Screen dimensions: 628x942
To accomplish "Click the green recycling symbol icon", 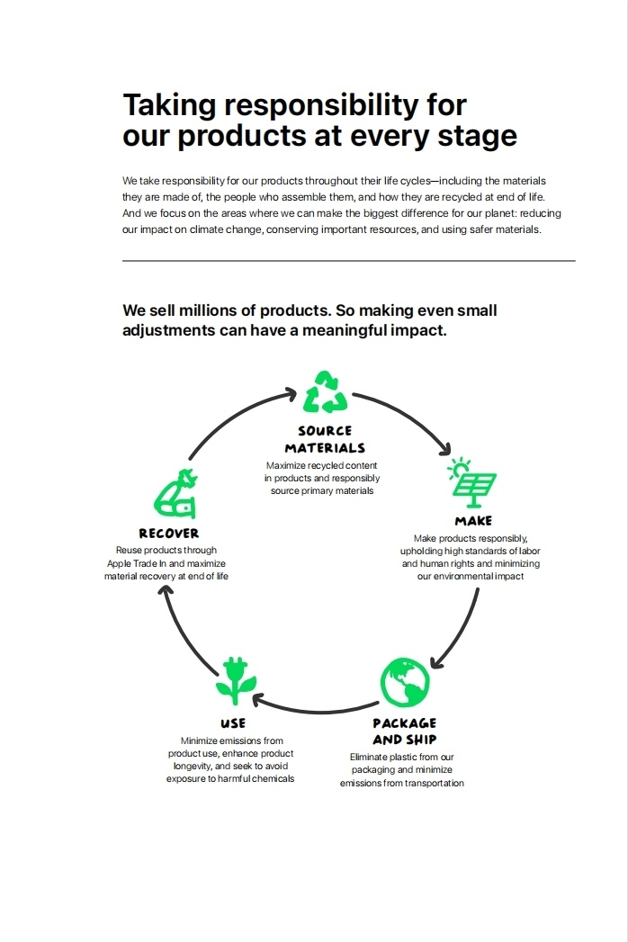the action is (x=325, y=392).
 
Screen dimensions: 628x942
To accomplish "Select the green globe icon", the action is (x=405, y=682).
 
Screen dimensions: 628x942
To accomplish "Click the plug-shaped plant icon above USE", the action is (x=237, y=681).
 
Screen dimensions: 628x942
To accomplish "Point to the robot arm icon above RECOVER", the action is (x=175, y=493).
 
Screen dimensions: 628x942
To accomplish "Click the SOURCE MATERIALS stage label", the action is (x=325, y=439).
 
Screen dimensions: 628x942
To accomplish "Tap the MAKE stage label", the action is (x=473, y=521).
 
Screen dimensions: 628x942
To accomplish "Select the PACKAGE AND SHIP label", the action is (x=405, y=731).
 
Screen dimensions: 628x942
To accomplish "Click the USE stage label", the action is (x=233, y=723).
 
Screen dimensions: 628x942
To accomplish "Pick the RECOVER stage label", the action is (x=169, y=534).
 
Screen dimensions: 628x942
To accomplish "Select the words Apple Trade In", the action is (x=137, y=563).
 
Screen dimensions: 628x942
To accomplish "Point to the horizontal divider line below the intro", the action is (x=348, y=261).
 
